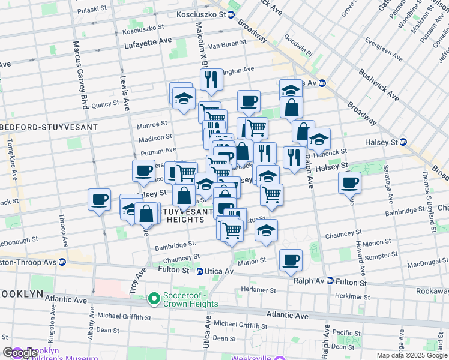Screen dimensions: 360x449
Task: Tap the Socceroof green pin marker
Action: pos(154,298)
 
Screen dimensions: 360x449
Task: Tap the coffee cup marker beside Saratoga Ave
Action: pos(349,182)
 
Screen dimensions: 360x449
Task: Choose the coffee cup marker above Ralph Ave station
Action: pos(291,259)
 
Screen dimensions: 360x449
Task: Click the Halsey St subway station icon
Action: pos(403,142)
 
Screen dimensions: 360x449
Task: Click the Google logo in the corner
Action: pos(20,353)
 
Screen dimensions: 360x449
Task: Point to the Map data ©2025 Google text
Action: pos(411,355)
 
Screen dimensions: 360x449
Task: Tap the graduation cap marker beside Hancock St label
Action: pos(319,139)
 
